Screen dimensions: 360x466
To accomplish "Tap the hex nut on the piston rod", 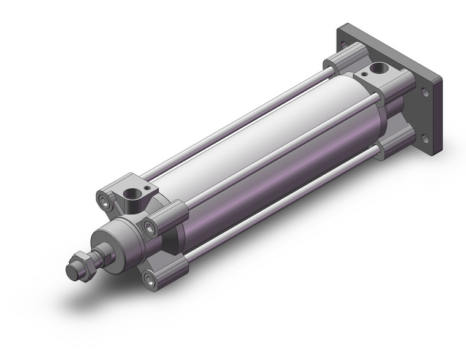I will coord(83,262).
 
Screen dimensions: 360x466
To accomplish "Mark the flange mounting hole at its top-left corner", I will coord(344,45).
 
